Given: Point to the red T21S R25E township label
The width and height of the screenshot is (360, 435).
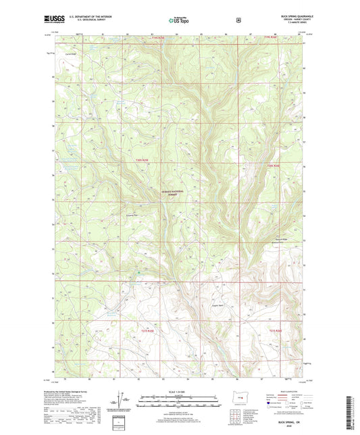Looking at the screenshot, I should tap(147, 330).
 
